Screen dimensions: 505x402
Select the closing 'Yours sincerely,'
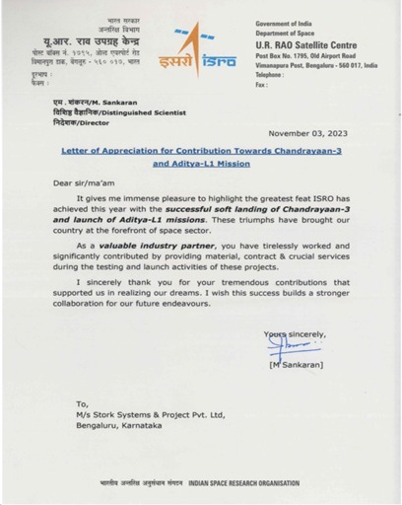(x=295, y=334)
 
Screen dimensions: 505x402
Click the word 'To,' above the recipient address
(x=82, y=403)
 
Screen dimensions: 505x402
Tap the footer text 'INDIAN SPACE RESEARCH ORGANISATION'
(x=249, y=483)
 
